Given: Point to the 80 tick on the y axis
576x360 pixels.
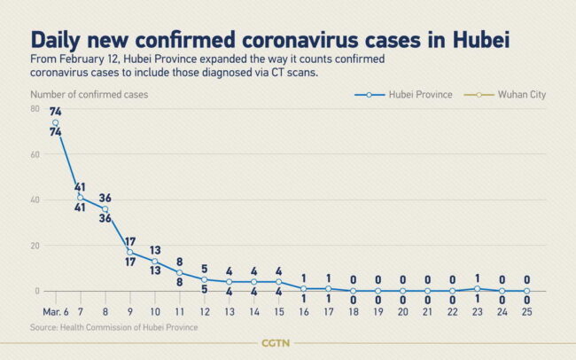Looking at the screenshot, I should point(35,109).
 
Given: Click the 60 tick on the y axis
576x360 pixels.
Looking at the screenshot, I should point(35,154).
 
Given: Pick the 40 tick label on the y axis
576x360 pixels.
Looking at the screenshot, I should point(35,200).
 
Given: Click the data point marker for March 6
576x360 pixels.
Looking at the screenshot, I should point(55,122).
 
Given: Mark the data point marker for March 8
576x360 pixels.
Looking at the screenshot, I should point(105,209).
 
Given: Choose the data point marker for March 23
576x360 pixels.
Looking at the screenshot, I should point(479,288).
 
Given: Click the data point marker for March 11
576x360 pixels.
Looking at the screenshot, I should point(180,272).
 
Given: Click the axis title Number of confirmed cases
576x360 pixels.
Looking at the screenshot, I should point(90,93).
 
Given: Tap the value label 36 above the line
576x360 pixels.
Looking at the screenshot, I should point(105,198).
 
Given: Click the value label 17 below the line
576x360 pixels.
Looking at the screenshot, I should point(129,262).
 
